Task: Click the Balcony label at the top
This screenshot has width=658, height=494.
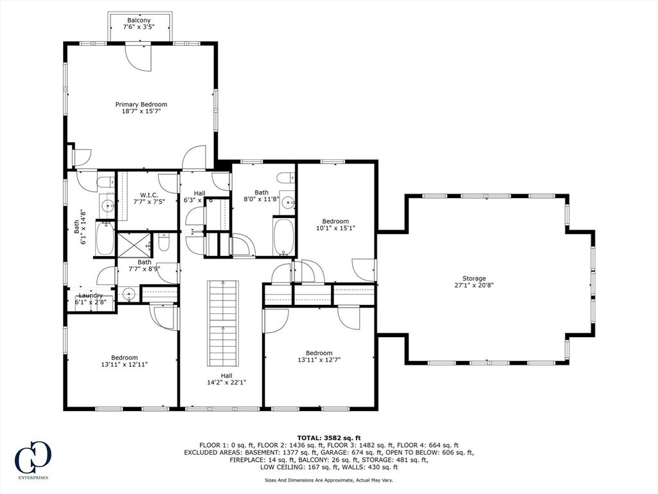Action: (139, 21)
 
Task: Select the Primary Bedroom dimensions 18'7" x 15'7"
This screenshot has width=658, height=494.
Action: (141, 111)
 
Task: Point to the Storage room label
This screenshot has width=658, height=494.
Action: (474, 279)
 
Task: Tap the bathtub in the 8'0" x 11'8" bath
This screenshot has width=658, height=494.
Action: (283, 237)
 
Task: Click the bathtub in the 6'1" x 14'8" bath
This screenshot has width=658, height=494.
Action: (105, 238)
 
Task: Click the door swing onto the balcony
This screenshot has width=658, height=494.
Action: (138, 57)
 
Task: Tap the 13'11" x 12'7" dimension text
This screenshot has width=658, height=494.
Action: (319, 360)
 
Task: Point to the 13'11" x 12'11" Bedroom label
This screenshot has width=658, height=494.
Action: (124, 358)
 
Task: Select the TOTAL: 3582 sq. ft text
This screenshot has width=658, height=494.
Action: (328, 437)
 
